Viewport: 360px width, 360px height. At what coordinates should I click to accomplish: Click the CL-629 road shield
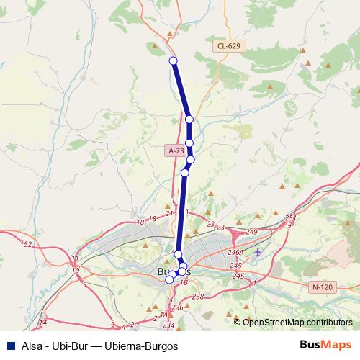tap(229, 45)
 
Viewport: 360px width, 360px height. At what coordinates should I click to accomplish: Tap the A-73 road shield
tap(176, 150)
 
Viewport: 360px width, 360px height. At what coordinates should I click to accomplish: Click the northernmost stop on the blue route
tap(173, 60)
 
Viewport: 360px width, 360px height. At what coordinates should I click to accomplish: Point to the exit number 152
tap(26, 245)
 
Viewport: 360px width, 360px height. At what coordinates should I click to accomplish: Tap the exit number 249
tap(252, 231)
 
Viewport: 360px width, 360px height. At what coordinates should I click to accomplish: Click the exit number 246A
tap(236, 253)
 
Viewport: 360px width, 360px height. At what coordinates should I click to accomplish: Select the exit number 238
tap(198, 296)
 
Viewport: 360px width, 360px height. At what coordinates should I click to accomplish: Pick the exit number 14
tap(43, 322)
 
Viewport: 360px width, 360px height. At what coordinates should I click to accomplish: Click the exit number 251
tap(290, 217)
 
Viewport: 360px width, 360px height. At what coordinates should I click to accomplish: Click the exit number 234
tap(168, 326)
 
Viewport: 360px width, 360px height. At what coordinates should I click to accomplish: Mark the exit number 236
tap(177, 307)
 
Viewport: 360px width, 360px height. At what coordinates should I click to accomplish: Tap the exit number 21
tap(168, 213)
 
